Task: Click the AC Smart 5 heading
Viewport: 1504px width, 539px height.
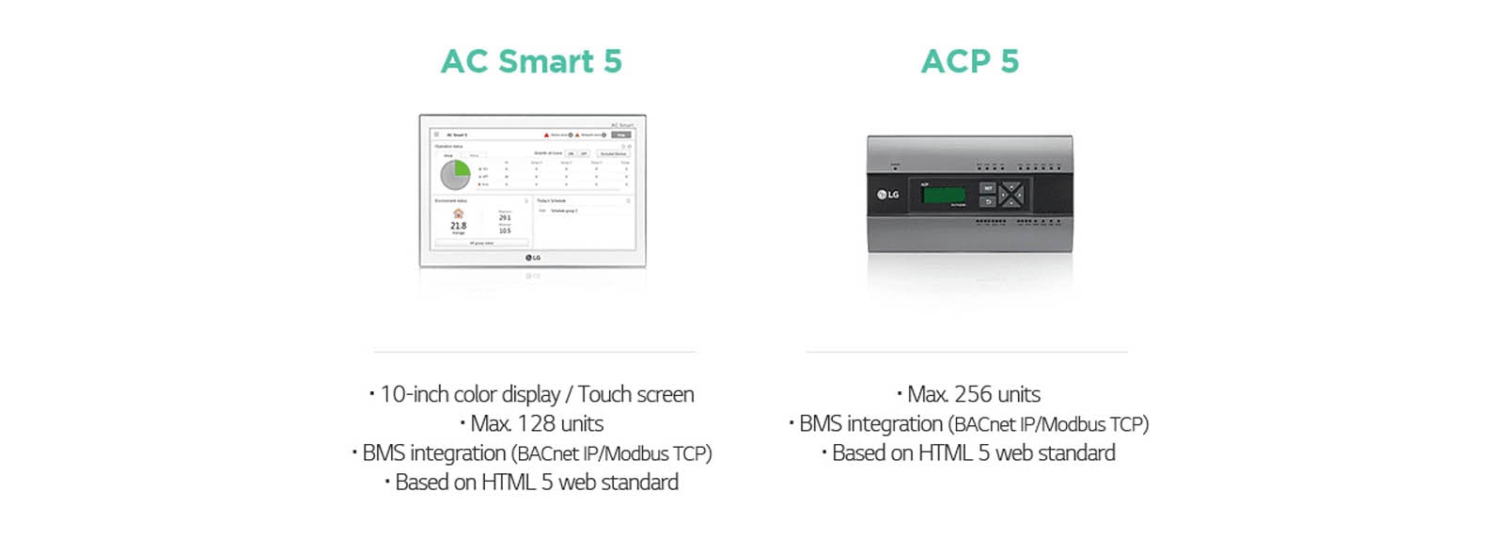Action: pos(531,62)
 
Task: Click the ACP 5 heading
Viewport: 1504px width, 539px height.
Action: pos(969,62)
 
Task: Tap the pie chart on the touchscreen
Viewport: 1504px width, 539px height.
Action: pos(456,174)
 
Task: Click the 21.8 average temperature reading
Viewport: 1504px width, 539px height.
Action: pos(458,226)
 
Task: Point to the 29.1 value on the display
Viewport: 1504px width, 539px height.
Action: pos(505,217)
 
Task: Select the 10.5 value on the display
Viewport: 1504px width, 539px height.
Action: pos(505,230)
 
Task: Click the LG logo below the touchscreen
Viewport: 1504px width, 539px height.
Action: pos(533,258)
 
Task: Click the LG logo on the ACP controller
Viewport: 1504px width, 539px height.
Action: pos(888,195)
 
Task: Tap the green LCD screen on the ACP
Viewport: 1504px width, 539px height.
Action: pos(945,195)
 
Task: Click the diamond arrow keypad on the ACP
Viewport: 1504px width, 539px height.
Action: pos(1011,195)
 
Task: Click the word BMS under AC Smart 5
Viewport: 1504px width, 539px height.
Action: pos(382,453)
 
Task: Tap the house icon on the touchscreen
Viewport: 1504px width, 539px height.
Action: pos(458,214)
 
